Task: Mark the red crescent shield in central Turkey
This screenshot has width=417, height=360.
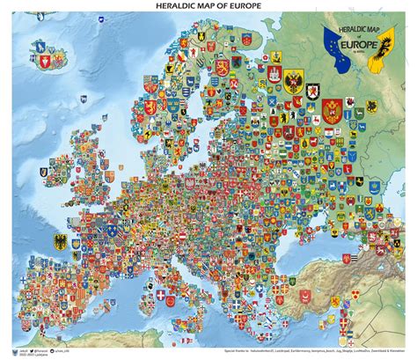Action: [x=342, y=290]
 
